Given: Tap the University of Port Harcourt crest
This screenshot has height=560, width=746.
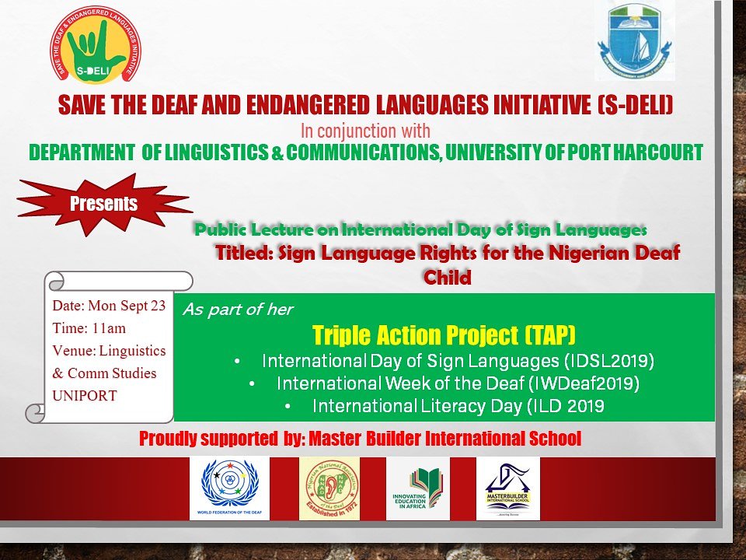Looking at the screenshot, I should point(635,40).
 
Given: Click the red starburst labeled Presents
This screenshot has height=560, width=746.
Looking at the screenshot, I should point(103,205).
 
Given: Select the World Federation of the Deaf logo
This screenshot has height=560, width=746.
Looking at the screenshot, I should point(229,488).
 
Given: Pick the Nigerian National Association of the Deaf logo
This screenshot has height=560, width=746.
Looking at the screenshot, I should point(329,488).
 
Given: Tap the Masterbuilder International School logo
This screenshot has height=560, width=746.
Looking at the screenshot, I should point(507,488).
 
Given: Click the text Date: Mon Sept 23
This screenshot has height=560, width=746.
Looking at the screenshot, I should point(109,306).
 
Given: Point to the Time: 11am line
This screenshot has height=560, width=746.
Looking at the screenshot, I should point(89,328).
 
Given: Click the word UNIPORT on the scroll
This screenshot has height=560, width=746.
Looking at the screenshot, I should point(85,395).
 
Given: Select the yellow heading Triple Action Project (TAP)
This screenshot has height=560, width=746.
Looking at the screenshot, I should point(444,335).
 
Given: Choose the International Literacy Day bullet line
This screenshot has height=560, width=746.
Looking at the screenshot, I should point(458,406).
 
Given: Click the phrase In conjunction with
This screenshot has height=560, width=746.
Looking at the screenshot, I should point(365,130).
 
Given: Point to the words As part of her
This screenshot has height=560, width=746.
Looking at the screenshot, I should point(238,310).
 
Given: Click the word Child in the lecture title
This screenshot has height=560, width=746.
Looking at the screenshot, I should point(448,277).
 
